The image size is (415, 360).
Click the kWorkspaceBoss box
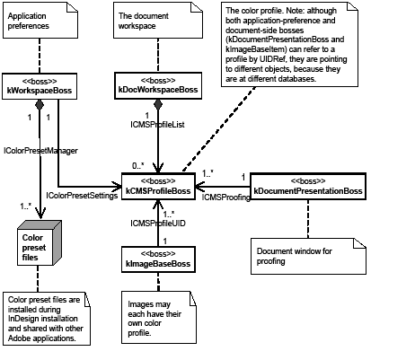point(39,86)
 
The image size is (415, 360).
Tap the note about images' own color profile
point(161,316)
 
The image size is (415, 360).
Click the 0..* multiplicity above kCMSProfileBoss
point(137,165)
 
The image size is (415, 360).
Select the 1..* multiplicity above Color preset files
point(27,206)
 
